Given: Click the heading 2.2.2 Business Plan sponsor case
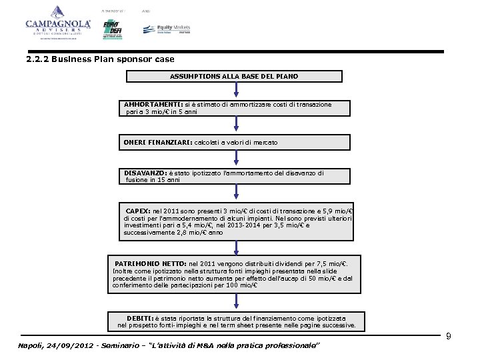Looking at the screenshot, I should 100,59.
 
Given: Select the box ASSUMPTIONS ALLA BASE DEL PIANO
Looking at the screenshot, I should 234,76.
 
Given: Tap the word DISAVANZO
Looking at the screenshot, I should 145,173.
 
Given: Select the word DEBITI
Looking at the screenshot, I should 141,318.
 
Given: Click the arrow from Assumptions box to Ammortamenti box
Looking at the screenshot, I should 235,90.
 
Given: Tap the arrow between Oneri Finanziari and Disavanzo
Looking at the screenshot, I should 235,158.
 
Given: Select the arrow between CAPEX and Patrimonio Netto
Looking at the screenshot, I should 235,247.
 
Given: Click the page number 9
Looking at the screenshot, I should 449,337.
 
